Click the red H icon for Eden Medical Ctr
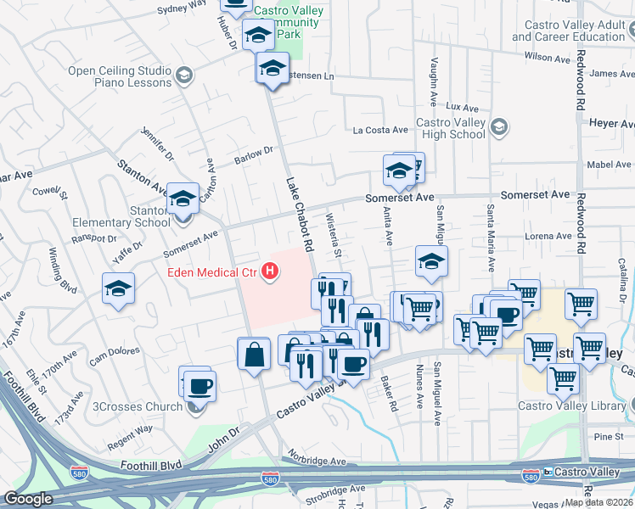(270, 272)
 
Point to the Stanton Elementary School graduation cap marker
(182, 201)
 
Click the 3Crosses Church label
(139, 406)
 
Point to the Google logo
(28, 500)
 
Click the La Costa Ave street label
(382, 131)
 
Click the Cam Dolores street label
(114, 354)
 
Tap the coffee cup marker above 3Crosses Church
(199, 384)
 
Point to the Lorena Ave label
(548, 236)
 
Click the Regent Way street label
(129, 428)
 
